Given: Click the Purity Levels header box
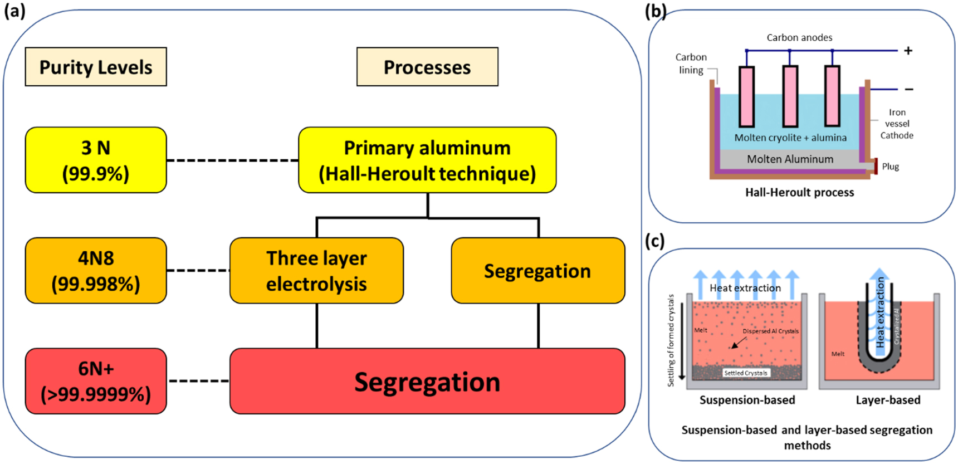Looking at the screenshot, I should point(96,67).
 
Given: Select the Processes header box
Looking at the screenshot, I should point(427,67).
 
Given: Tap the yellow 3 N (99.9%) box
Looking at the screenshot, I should point(96,160).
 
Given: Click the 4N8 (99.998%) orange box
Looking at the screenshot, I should point(96,271).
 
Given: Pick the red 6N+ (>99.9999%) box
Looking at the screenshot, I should point(96,381).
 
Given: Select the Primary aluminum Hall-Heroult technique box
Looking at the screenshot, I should point(427,160).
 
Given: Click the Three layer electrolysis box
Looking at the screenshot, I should point(316,271).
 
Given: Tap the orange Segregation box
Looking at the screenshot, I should point(537,271).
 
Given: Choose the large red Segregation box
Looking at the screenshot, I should point(427,382).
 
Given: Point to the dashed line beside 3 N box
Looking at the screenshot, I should point(232,160).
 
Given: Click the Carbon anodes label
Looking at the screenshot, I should point(799,38).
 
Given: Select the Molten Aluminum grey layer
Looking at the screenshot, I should point(790,159).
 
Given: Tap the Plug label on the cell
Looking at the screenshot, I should point(890,167).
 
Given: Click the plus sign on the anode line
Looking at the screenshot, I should point(908,51).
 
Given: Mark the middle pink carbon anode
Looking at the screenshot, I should point(790,96).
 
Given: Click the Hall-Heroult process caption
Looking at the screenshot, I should point(799,193).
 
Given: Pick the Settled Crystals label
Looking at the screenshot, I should point(745,373).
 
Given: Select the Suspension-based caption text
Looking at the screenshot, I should point(747,400).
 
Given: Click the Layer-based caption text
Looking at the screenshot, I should point(888,400).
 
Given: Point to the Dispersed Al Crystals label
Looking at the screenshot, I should point(770,331).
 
